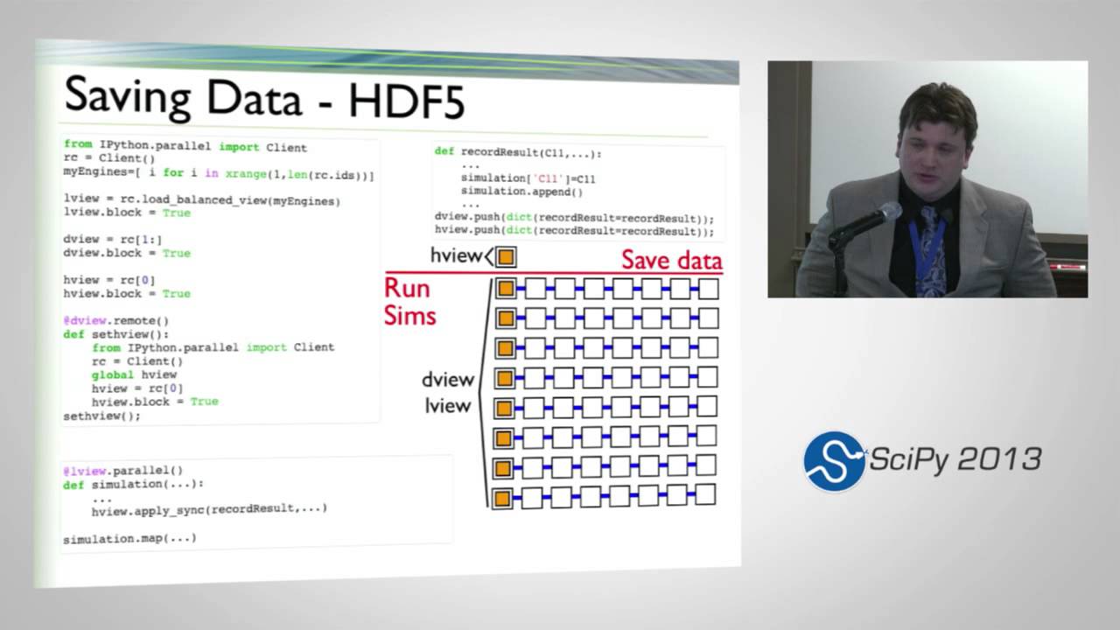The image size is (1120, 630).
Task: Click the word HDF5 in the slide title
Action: click(x=407, y=101)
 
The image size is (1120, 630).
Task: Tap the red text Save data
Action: click(x=671, y=260)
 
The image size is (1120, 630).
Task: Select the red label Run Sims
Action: click(x=409, y=302)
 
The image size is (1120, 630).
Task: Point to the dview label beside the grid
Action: click(x=447, y=380)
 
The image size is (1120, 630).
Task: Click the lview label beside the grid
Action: click(x=447, y=405)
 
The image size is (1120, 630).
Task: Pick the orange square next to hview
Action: click(x=506, y=256)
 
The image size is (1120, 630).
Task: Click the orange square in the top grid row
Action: click(x=505, y=289)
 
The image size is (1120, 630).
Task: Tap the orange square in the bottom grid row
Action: click(x=502, y=499)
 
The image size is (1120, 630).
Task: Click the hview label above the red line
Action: click(x=456, y=255)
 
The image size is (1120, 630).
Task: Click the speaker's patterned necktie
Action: click(x=928, y=254)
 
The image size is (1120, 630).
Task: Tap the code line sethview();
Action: click(x=101, y=416)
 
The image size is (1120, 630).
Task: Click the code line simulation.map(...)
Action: click(x=129, y=538)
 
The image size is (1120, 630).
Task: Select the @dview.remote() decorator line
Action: click(x=115, y=320)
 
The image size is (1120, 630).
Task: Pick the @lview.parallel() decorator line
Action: click(x=122, y=471)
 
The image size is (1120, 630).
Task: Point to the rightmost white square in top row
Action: click(x=709, y=289)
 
